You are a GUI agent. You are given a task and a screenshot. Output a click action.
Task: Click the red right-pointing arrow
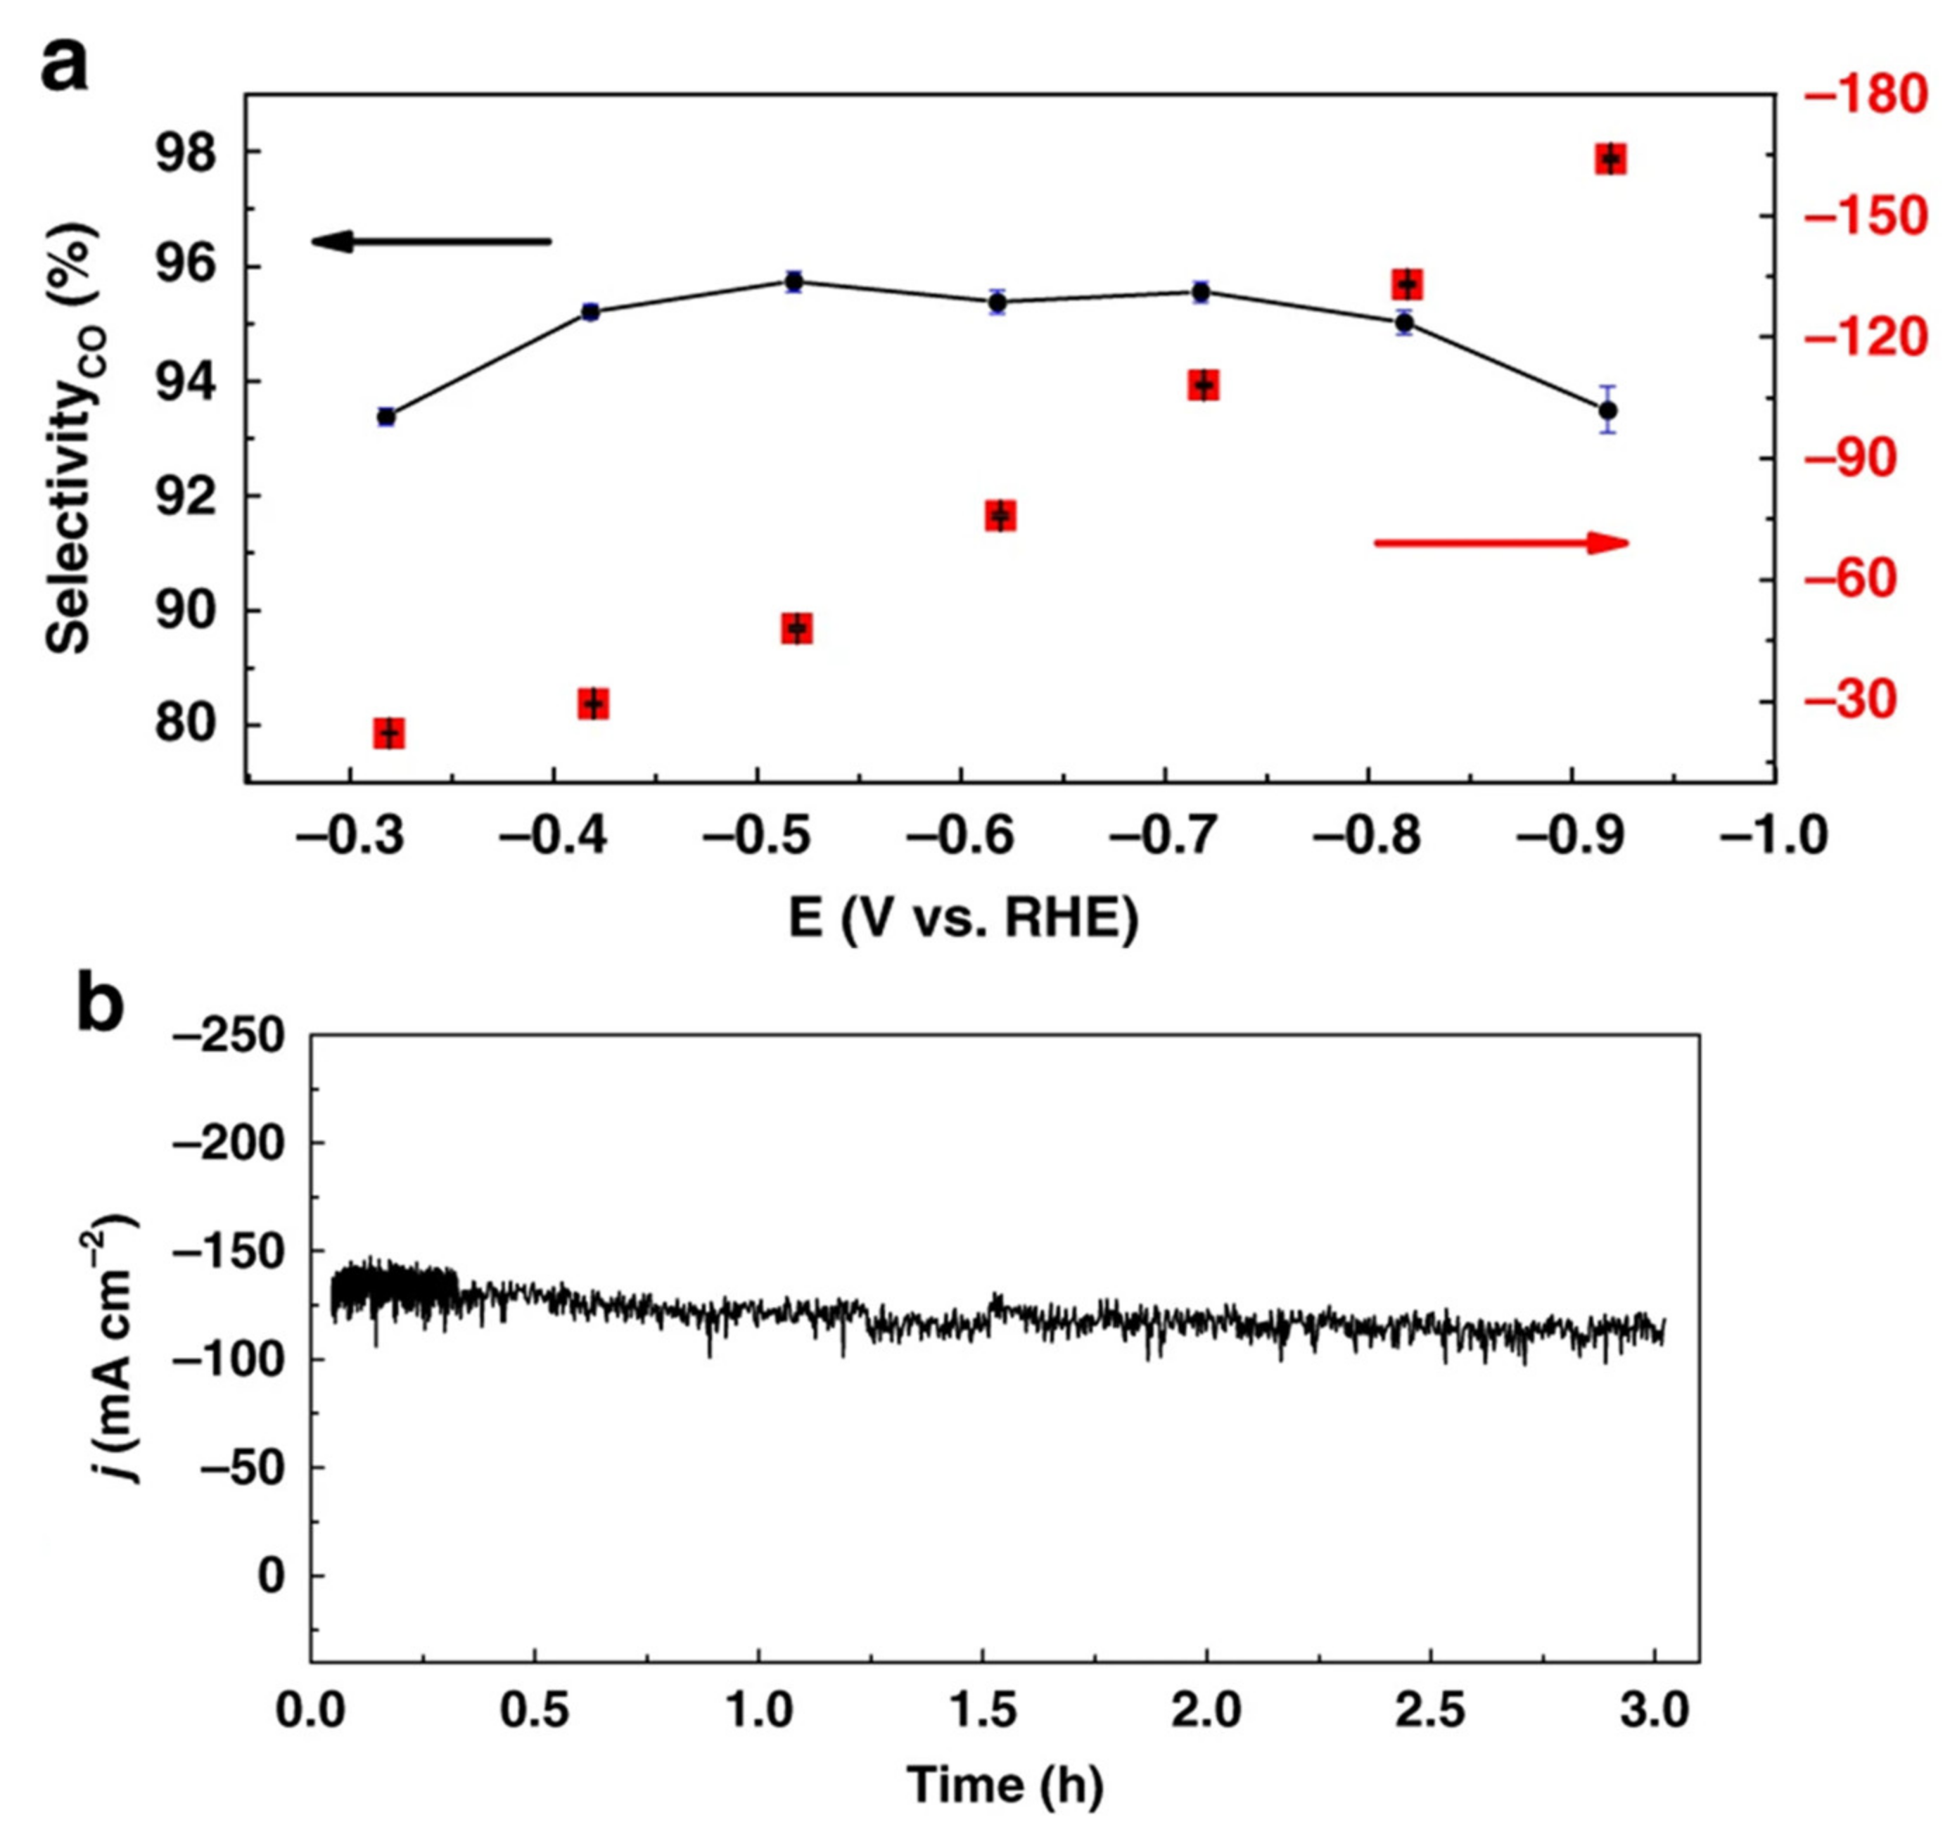point(1500,542)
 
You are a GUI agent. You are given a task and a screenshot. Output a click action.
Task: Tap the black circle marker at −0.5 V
point(794,282)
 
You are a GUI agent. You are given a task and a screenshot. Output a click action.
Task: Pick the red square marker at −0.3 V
point(390,733)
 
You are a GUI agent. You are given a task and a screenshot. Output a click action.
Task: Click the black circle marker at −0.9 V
point(1607,409)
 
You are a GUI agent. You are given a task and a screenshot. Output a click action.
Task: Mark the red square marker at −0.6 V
point(1000,516)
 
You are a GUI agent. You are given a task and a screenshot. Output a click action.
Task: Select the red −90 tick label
point(1859,459)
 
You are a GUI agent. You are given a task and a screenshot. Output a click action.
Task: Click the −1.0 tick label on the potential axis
point(1772,837)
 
